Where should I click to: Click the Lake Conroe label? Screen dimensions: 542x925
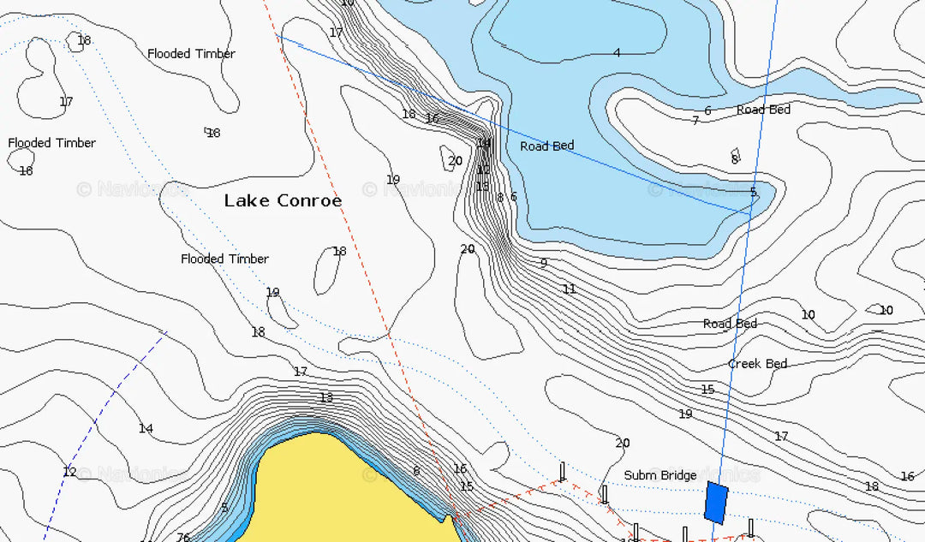pyautogui.click(x=283, y=200)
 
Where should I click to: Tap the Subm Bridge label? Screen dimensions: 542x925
pyautogui.click(x=659, y=475)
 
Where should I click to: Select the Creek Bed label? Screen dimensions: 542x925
pyautogui.click(x=757, y=364)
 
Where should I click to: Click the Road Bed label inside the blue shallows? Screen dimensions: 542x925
pyautogui.click(x=546, y=146)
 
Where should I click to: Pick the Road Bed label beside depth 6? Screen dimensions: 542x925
pyautogui.click(x=763, y=110)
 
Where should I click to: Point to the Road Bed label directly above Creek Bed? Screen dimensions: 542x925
pyautogui.click(x=730, y=324)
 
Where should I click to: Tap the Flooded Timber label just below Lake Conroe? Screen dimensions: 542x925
pyautogui.click(x=224, y=259)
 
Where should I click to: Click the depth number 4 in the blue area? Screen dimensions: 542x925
pyautogui.click(x=617, y=53)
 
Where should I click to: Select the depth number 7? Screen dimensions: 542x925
pyautogui.click(x=695, y=121)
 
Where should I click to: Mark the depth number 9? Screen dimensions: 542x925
pyautogui.click(x=543, y=263)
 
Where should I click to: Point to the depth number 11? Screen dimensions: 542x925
pyautogui.click(x=570, y=289)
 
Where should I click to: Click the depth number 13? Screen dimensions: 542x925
pyautogui.click(x=326, y=397)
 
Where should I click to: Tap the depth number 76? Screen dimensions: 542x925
pyautogui.click(x=183, y=537)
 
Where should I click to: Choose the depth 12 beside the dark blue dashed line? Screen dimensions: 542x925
pyautogui.click(x=69, y=472)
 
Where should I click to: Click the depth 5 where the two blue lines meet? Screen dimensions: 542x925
pyautogui.click(x=753, y=192)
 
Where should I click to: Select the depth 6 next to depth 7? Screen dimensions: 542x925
pyautogui.click(x=707, y=110)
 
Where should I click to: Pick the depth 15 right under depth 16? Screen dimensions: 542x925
pyautogui.click(x=467, y=486)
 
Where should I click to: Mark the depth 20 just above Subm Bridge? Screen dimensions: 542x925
pyautogui.click(x=623, y=443)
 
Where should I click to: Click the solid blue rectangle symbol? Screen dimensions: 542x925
pyautogui.click(x=716, y=503)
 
